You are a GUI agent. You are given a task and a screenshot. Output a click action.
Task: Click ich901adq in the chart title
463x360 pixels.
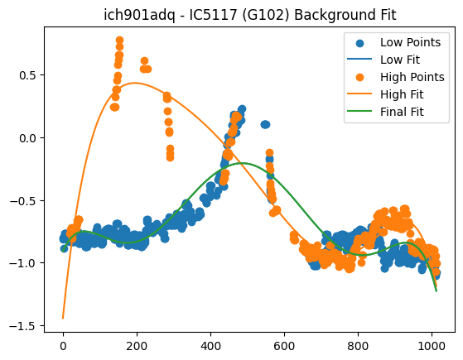coord(140,15)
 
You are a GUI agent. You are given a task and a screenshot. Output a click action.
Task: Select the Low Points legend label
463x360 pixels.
coord(410,42)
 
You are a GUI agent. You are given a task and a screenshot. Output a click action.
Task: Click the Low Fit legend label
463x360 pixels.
coord(400,60)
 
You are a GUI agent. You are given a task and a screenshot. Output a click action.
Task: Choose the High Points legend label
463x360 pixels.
coord(412,77)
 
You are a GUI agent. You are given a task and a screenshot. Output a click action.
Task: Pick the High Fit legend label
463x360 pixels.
coord(402,94)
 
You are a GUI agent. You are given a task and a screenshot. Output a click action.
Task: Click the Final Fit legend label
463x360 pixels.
coord(402,112)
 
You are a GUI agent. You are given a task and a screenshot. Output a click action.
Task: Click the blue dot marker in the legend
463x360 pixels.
coord(359,43)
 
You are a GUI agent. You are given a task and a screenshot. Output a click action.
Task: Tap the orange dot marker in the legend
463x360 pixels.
coord(359,77)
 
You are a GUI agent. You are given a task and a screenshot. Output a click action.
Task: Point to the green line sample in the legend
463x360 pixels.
coord(359,111)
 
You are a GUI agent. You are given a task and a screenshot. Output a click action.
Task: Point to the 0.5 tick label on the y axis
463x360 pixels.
coord(27,75)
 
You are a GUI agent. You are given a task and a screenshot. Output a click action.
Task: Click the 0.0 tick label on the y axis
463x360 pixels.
coord(27,138)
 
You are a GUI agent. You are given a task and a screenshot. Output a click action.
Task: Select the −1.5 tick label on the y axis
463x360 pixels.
coord(22,326)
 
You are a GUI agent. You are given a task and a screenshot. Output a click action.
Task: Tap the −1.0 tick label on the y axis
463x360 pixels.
coord(22,263)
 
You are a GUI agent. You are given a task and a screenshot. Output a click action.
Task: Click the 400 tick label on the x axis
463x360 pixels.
coord(210,346)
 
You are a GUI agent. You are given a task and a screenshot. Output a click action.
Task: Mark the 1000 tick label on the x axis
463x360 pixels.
coord(432,346)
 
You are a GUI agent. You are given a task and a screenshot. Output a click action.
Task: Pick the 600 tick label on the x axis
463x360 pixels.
coord(284,346)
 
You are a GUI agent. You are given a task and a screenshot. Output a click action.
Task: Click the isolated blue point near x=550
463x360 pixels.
coord(265,124)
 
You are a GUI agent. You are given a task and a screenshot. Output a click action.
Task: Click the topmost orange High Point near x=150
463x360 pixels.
coord(119,41)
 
